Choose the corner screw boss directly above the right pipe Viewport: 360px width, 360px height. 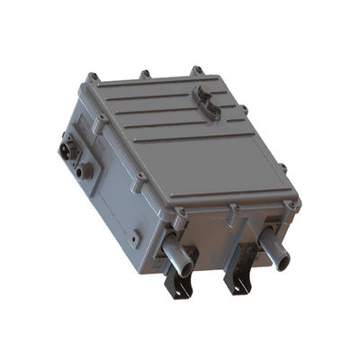(x=291, y=206)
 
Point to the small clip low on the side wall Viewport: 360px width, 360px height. (x=135, y=239)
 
